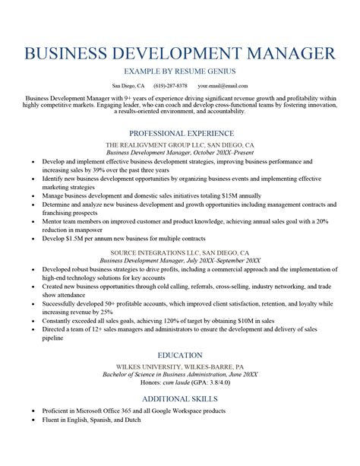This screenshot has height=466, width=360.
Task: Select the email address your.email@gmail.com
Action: click(x=223, y=86)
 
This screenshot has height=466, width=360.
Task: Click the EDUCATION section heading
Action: click(x=180, y=355)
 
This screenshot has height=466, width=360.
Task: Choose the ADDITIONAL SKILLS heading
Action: click(x=180, y=398)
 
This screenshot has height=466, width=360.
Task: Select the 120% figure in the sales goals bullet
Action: click(x=182, y=322)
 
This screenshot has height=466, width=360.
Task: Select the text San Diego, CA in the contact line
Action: click(x=128, y=86)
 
